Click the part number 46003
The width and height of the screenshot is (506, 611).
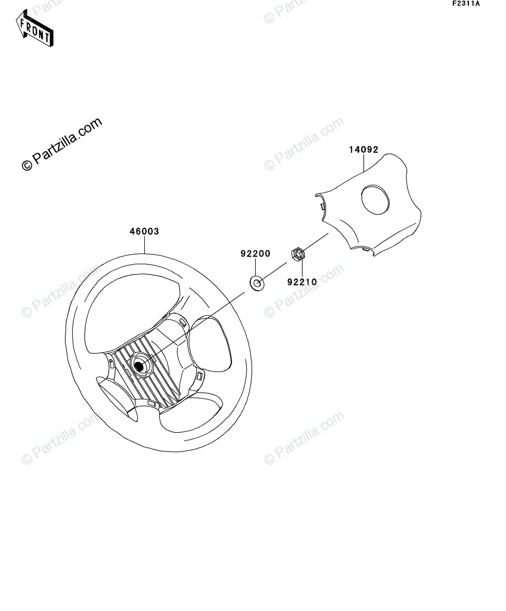click(x=144, y=231)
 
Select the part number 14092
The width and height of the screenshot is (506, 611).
click(x=363, y=150)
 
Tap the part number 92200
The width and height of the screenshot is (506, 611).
click(x=255, y=254)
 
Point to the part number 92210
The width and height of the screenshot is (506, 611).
click(x=302, y=281)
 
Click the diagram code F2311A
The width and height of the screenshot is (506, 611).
click(x=465, y=4)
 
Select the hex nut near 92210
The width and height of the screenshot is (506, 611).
click(x=298, y=253)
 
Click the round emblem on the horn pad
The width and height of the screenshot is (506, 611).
click(x=375, y=200)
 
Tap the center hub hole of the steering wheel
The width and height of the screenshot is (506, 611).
click(x=139, y=365)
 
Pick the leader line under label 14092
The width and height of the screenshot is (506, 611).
click(x=363, y=162)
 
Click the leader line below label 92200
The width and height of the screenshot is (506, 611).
click(x=255, y=267)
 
